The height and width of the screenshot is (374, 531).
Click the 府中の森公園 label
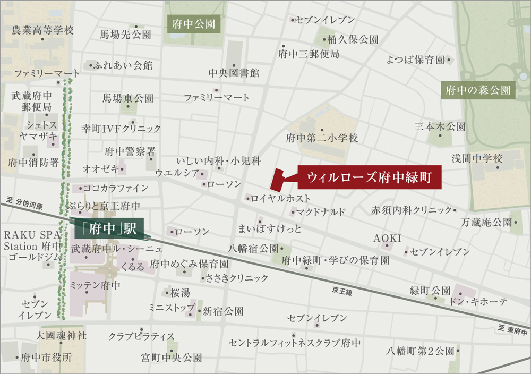coord(478,90)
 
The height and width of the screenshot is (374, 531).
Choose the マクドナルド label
coord(321,212)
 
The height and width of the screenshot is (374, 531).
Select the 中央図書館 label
coord(234,73)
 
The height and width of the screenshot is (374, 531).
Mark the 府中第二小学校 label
coord(322,138)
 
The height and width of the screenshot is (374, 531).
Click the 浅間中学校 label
coord(476,158)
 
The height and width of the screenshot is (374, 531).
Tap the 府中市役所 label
coord(46,358)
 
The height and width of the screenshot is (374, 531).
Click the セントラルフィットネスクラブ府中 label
coord(295,343)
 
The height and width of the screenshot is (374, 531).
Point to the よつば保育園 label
coord(415,60)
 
